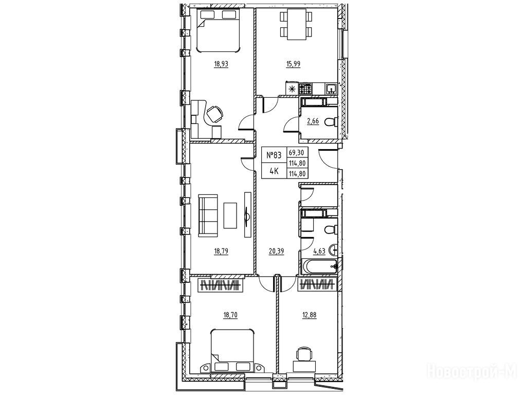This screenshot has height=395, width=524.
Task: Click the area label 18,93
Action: (x=221, y=64)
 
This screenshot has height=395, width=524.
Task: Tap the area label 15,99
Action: (x=293, y=64)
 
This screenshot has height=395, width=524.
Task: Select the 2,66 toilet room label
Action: (x=313, y=121)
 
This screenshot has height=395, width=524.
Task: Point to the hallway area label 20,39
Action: (x=276, y=252)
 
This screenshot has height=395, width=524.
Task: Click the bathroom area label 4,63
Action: (x=319, y=252)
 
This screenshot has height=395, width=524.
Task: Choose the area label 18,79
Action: (x=221, y=252)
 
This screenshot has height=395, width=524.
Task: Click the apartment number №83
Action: (x=274, y=155)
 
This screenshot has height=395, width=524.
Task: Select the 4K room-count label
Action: (x=274, y=172)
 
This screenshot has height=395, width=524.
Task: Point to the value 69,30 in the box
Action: (x=296, y=153)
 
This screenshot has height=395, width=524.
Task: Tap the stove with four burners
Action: (x=305, y=88)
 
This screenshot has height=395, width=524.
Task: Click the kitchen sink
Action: (x=331, y=89)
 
